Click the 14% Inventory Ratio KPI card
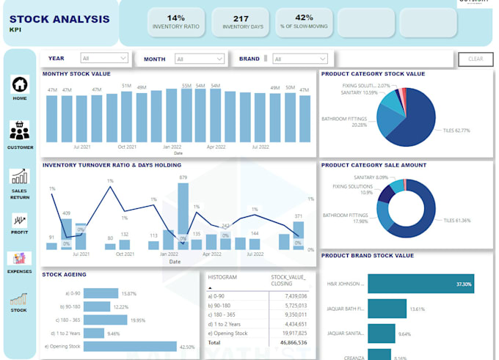coord(176,22)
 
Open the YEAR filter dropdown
coord(104,58)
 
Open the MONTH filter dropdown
coord(199,59)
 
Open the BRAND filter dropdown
coord(301,59)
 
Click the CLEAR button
coord(476,59)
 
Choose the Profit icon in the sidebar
coord(20,221)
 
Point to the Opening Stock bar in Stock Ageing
coord(130,346)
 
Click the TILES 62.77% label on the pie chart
coord(456,131)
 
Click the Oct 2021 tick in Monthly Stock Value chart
coord(127,147)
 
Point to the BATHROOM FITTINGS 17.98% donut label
coord(346,218)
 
